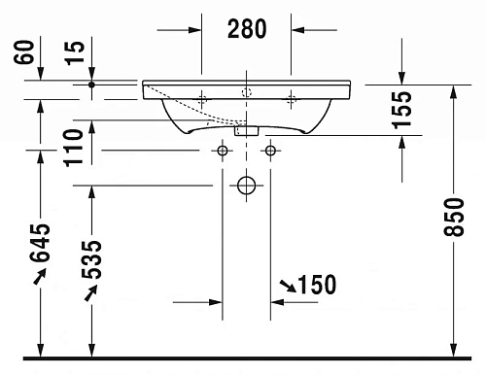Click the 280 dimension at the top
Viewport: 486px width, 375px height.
247,29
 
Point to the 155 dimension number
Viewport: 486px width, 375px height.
402,110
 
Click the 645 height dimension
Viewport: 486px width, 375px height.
40,251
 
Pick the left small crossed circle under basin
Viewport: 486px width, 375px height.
224,151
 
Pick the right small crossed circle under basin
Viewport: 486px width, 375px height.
270,151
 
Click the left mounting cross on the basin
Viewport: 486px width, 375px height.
202,98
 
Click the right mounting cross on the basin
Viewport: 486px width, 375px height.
291,98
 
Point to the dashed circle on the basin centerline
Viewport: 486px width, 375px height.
247,93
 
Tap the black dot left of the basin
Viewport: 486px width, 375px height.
90,85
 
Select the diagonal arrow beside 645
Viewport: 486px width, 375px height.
39,279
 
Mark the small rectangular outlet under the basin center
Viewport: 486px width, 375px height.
247,128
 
